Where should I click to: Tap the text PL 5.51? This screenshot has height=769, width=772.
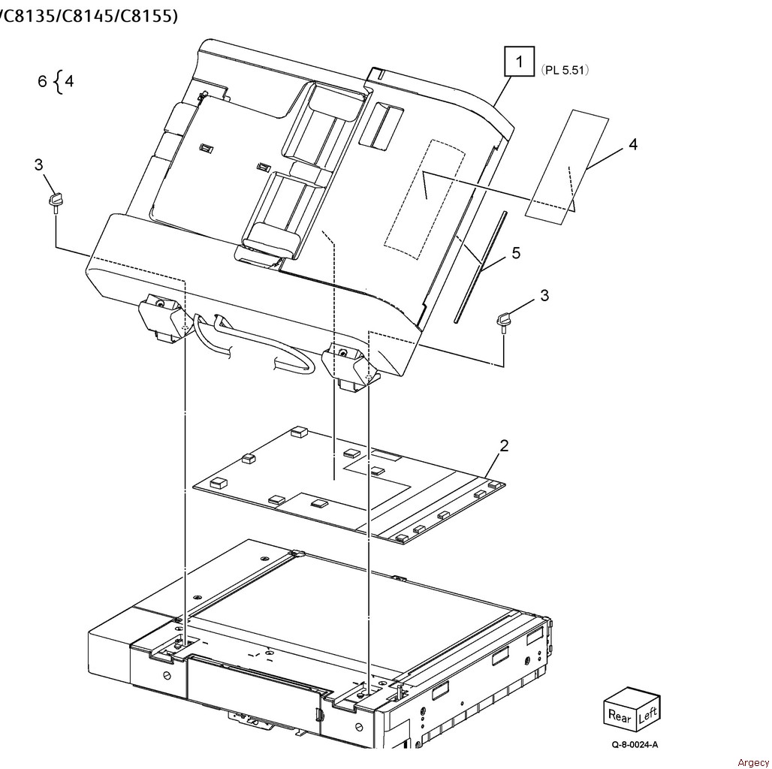[x=564, y=70]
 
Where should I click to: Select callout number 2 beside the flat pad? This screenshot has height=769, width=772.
[x=504, y=446]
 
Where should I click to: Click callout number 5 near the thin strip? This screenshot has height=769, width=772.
[x=516, y=253]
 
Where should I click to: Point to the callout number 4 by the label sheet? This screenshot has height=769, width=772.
[x=632, y=144]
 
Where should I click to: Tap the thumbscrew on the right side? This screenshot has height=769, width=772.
[x=502, y=321]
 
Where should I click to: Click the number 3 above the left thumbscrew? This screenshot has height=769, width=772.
[x=38, y=164]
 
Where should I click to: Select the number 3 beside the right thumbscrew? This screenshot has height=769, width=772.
[x=544, y=296]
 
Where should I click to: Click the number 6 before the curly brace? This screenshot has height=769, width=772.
[x=43, y=81]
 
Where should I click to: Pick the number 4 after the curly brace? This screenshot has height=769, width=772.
[x=69, y=81]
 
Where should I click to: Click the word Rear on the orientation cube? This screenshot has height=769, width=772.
[x=620, y=716]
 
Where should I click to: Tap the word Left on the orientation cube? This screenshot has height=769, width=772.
[x=647, y=714]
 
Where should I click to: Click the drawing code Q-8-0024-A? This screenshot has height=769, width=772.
[x=635, y=746]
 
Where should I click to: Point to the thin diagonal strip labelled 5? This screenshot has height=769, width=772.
[x=481, y=267]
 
